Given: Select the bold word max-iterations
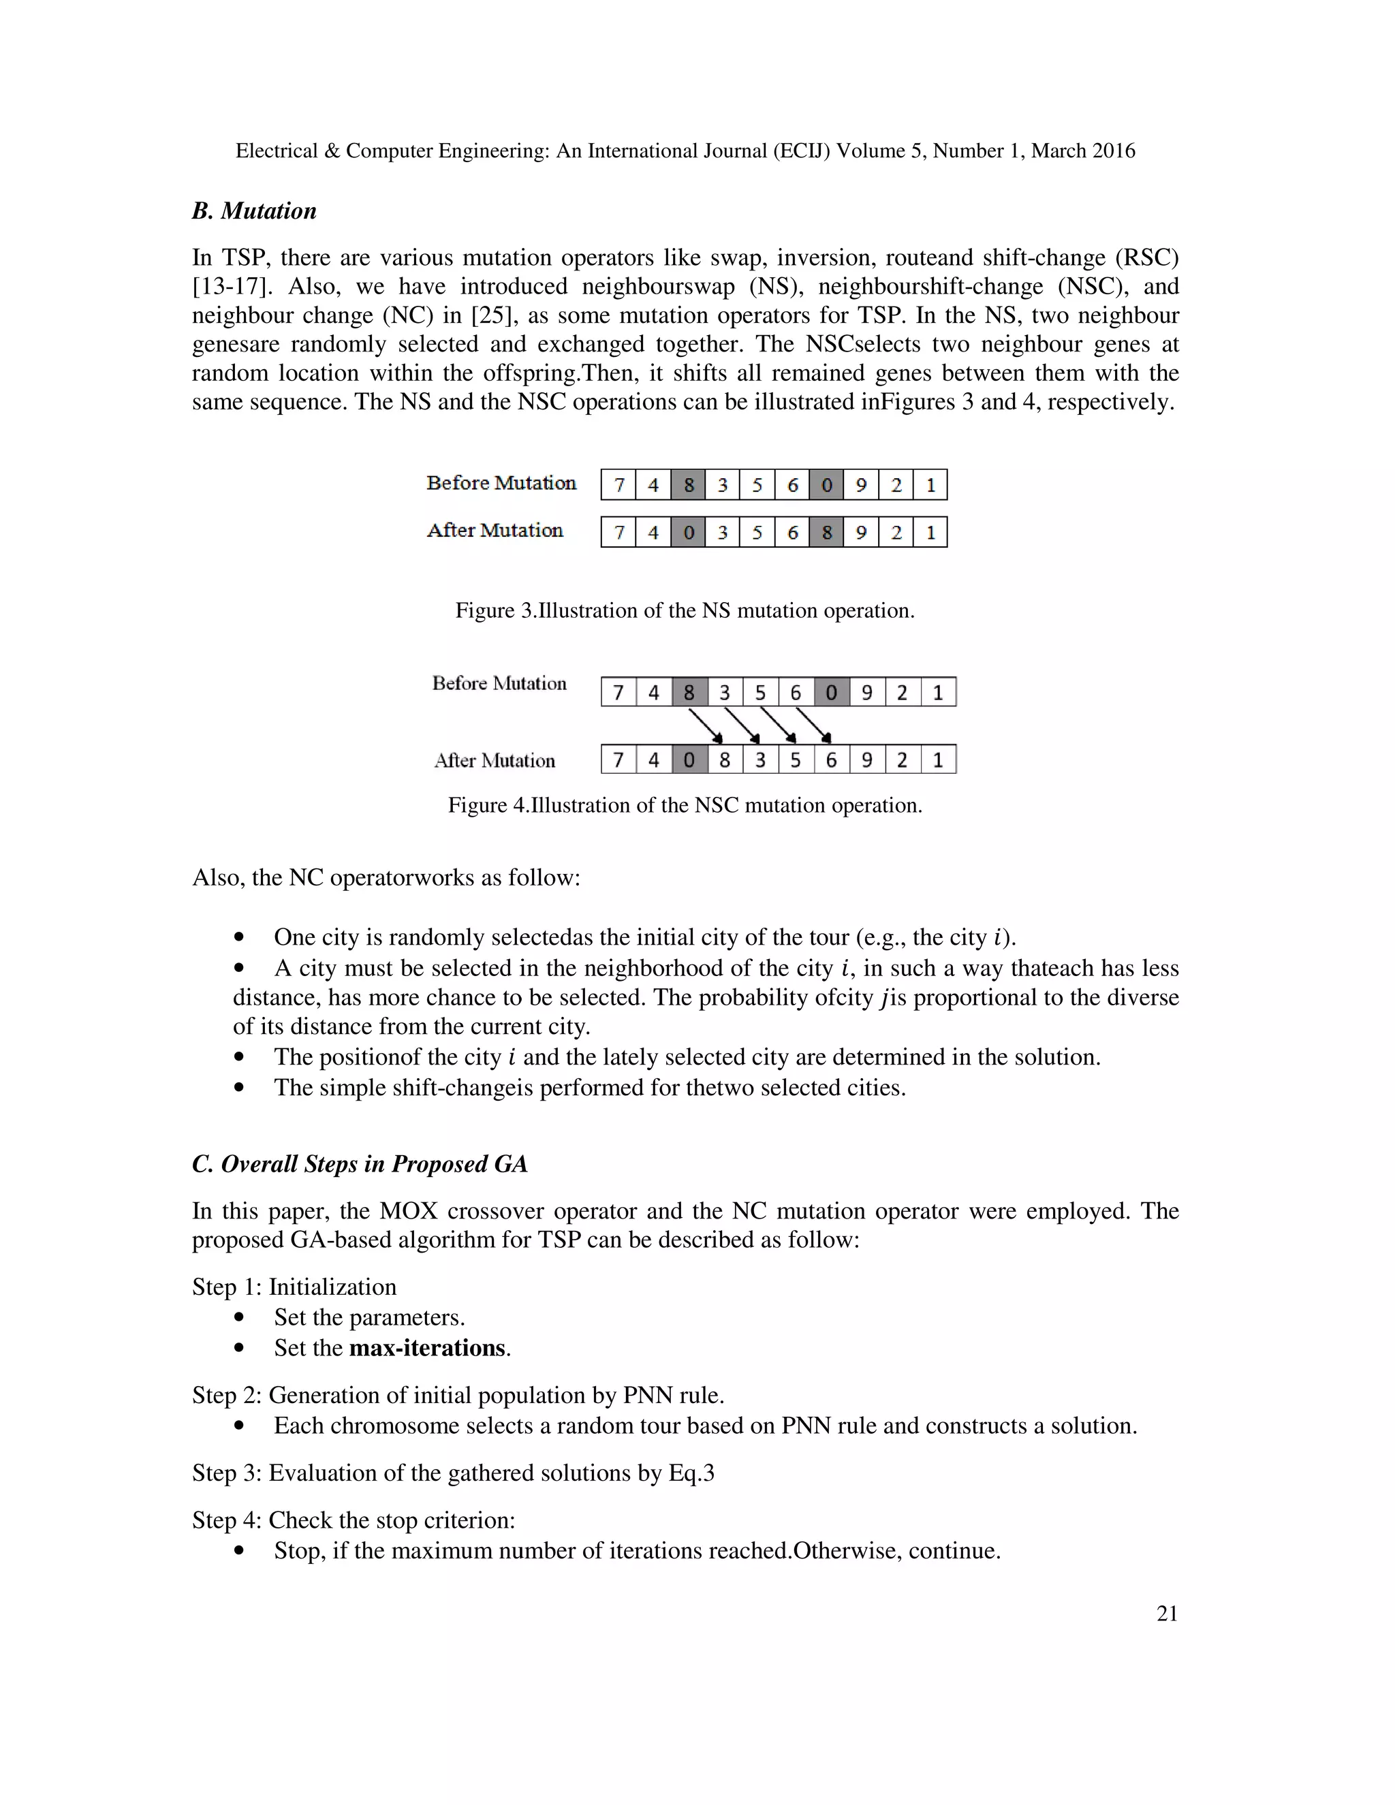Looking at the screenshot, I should click(x=427, y=1348).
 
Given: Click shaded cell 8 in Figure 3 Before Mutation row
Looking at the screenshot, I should click(x=687, y=484).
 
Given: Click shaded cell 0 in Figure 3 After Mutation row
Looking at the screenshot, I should click(x=687, y=532).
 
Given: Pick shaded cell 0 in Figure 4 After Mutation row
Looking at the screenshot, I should click(x=689, y=759).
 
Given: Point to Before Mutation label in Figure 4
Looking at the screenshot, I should click(x=499, y=682).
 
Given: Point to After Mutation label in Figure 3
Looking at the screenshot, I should click(x=495, y=530).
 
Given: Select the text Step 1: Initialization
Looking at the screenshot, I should click(x=294, y=1287).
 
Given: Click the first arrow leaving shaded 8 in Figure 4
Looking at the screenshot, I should click(x=706, y=725).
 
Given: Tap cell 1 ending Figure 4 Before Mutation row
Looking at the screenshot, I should click(x=938, y=692).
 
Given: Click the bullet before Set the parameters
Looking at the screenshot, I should click(x=240, y=1317).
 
